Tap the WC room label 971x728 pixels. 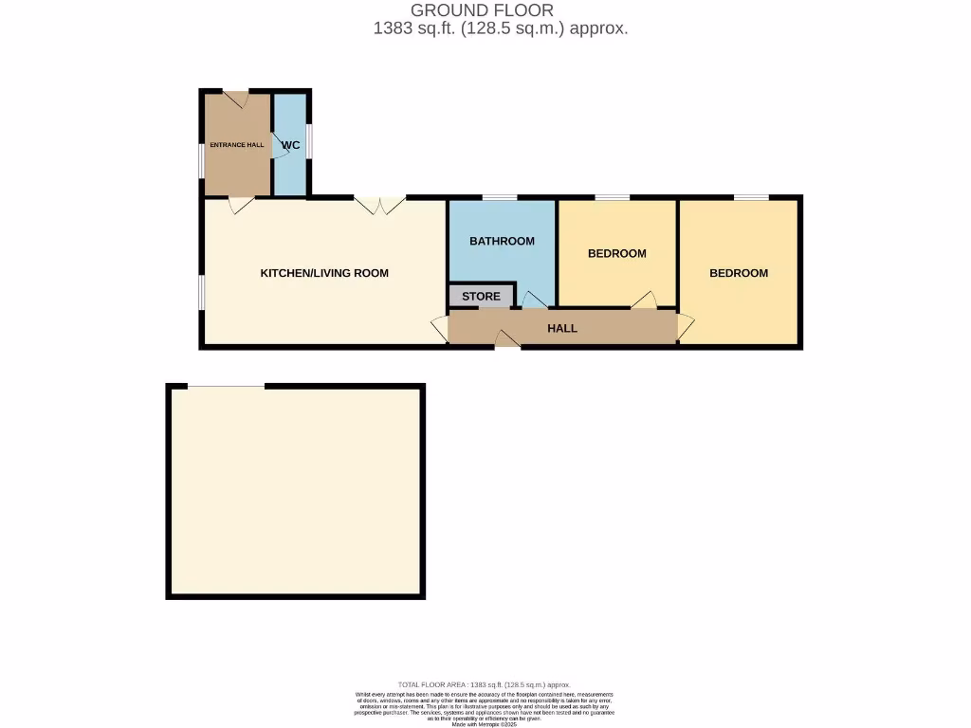click(290, 145)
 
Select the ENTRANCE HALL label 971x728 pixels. click(237, 145)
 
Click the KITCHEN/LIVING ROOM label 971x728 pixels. click(324, 273)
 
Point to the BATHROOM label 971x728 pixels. click(502, 241)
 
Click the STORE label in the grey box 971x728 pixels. click(481, 297)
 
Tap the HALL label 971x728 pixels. click(562, 328)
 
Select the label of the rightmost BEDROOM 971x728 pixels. click(739, 273)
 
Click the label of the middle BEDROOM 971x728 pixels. click(616, 253)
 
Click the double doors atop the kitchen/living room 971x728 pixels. click(379, 203)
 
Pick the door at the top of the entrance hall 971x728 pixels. click(235, 97)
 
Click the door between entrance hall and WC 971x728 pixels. click(279, 145)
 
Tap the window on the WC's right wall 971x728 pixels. click(309, 145)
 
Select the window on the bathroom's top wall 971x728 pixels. click(499, 197)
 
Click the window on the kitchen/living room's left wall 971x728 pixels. click(200, 292)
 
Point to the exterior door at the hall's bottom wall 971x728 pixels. click(507, 341)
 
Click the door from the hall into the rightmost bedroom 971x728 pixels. click(685, 327)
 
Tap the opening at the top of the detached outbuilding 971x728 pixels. click(226, 386)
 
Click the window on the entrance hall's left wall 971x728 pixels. click(201, 159)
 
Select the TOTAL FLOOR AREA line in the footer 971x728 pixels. click(485, 683)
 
